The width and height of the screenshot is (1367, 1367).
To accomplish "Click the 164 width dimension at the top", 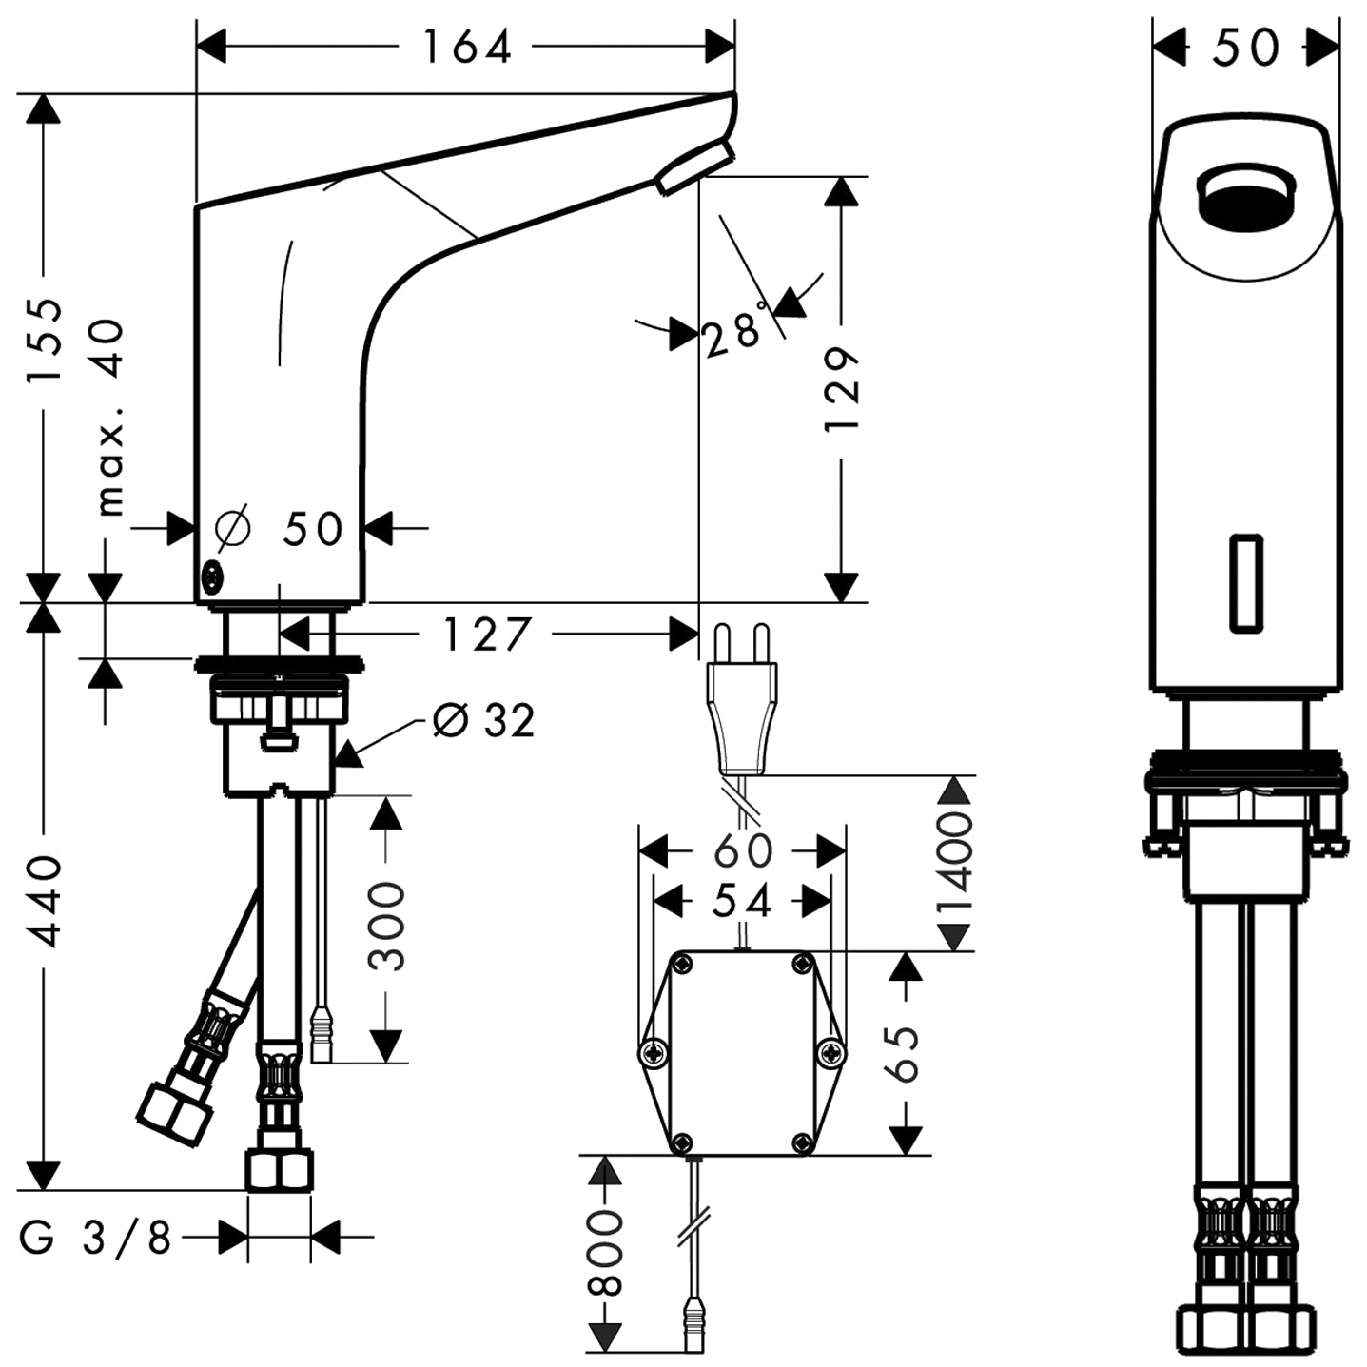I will pyautogui.click(x=466, y=47).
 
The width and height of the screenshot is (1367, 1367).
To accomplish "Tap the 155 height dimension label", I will pyautogui.click(x=44, y=340).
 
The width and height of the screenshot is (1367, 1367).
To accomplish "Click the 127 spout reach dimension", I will pyautogui.click(x=486, y=635).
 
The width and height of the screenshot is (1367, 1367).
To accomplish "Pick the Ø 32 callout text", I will pyautogui.click(x=483, y=721).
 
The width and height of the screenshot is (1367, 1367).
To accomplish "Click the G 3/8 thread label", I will pyautogui.click(x=95, y=1238).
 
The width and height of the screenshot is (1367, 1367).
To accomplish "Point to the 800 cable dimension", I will pyautogui.click(x=604, y=1254).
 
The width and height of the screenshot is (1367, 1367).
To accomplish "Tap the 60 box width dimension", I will pyautogui.click(x=743, y=849).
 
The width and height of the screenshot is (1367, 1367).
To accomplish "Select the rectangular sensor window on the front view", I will pyautogui.click(x=1246, y=582).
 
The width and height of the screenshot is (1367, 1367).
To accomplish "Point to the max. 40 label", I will pyautogui.click(x=112, y=417).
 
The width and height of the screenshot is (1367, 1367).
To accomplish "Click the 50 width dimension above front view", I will pyautogui.click(x=1245, y=47).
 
